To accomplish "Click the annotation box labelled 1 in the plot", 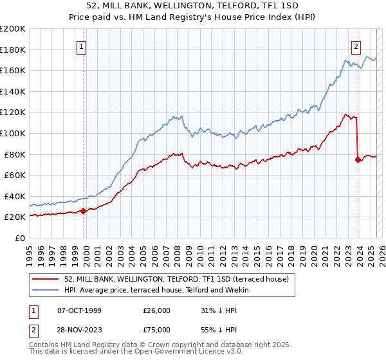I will [83, 46].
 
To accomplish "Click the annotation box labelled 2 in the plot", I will [356, 46].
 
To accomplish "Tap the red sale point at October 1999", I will [84, 211].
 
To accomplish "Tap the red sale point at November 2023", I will [358, 159].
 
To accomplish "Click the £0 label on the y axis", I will [19, 238].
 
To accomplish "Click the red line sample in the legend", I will [46, 279].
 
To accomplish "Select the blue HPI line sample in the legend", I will [46, 290].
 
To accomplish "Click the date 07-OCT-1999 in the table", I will [79, 310].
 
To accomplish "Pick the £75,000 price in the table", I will [157, 328].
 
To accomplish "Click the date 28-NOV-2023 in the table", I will [79, 328].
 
